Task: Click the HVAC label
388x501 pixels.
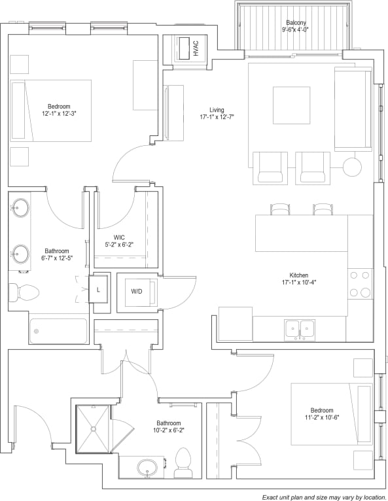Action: click(195, 48)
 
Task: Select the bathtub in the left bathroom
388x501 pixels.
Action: click(58, 331)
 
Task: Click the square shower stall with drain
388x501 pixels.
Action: click(94, 428)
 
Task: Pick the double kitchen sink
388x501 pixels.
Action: click(299, 330)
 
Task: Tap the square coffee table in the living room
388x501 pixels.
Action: click(291, 105)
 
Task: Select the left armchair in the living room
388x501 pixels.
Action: click(269, 167)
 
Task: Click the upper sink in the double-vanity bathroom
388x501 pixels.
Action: click(20, 209)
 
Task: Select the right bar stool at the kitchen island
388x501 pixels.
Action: click(323, 209)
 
